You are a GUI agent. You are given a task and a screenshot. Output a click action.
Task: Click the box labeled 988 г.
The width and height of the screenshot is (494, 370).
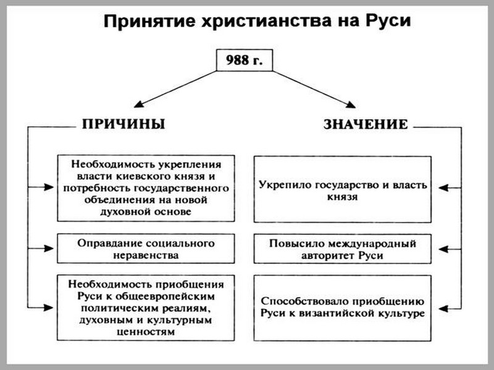point(245,60)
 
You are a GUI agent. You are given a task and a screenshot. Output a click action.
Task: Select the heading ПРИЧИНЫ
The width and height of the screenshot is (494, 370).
point(124,124)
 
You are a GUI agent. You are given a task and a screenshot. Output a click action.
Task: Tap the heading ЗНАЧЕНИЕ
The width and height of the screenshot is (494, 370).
point(366,125)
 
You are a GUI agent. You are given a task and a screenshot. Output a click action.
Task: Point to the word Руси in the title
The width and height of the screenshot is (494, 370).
point(388,22)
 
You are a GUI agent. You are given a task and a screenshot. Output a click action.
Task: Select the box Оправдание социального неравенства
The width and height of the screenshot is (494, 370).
point(146,249)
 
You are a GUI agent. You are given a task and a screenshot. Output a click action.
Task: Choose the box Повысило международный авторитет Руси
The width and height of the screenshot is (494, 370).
point(343,249)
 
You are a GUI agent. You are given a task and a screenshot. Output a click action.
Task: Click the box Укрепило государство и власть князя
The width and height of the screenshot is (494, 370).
point(343,189)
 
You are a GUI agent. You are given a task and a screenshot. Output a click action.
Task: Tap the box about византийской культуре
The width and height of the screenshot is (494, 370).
point(343,308)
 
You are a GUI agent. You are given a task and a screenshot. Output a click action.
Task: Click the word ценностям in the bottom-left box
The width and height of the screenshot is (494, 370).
point(146,332)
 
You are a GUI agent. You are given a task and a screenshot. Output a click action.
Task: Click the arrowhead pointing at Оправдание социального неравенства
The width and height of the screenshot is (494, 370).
point(49,249)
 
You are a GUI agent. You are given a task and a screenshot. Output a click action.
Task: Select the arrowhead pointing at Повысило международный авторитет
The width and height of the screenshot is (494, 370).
point(443,249)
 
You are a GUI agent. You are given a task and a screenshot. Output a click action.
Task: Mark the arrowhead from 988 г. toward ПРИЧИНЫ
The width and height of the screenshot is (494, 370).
point(138,104)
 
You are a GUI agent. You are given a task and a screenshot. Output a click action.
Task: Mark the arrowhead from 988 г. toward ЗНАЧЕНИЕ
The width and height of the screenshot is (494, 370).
point(351,105)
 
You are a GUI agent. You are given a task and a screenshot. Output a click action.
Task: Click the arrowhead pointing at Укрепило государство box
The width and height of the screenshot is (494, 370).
point(443,188)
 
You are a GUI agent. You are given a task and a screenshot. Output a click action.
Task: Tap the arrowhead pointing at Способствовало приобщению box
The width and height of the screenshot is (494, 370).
point(443,309)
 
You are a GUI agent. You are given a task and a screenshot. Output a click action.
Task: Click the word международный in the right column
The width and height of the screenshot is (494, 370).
point(372,243)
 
